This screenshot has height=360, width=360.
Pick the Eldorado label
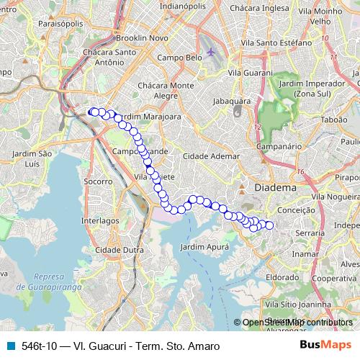(x=282, y=276)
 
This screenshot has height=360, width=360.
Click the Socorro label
(x=98, y=182)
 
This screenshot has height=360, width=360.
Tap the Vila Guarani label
(x=248, y=73)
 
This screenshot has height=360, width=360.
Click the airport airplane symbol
(x=210, y=52)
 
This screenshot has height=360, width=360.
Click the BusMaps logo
(x=325, y=345)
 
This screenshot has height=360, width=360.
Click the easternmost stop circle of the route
(x=270, y=225)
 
